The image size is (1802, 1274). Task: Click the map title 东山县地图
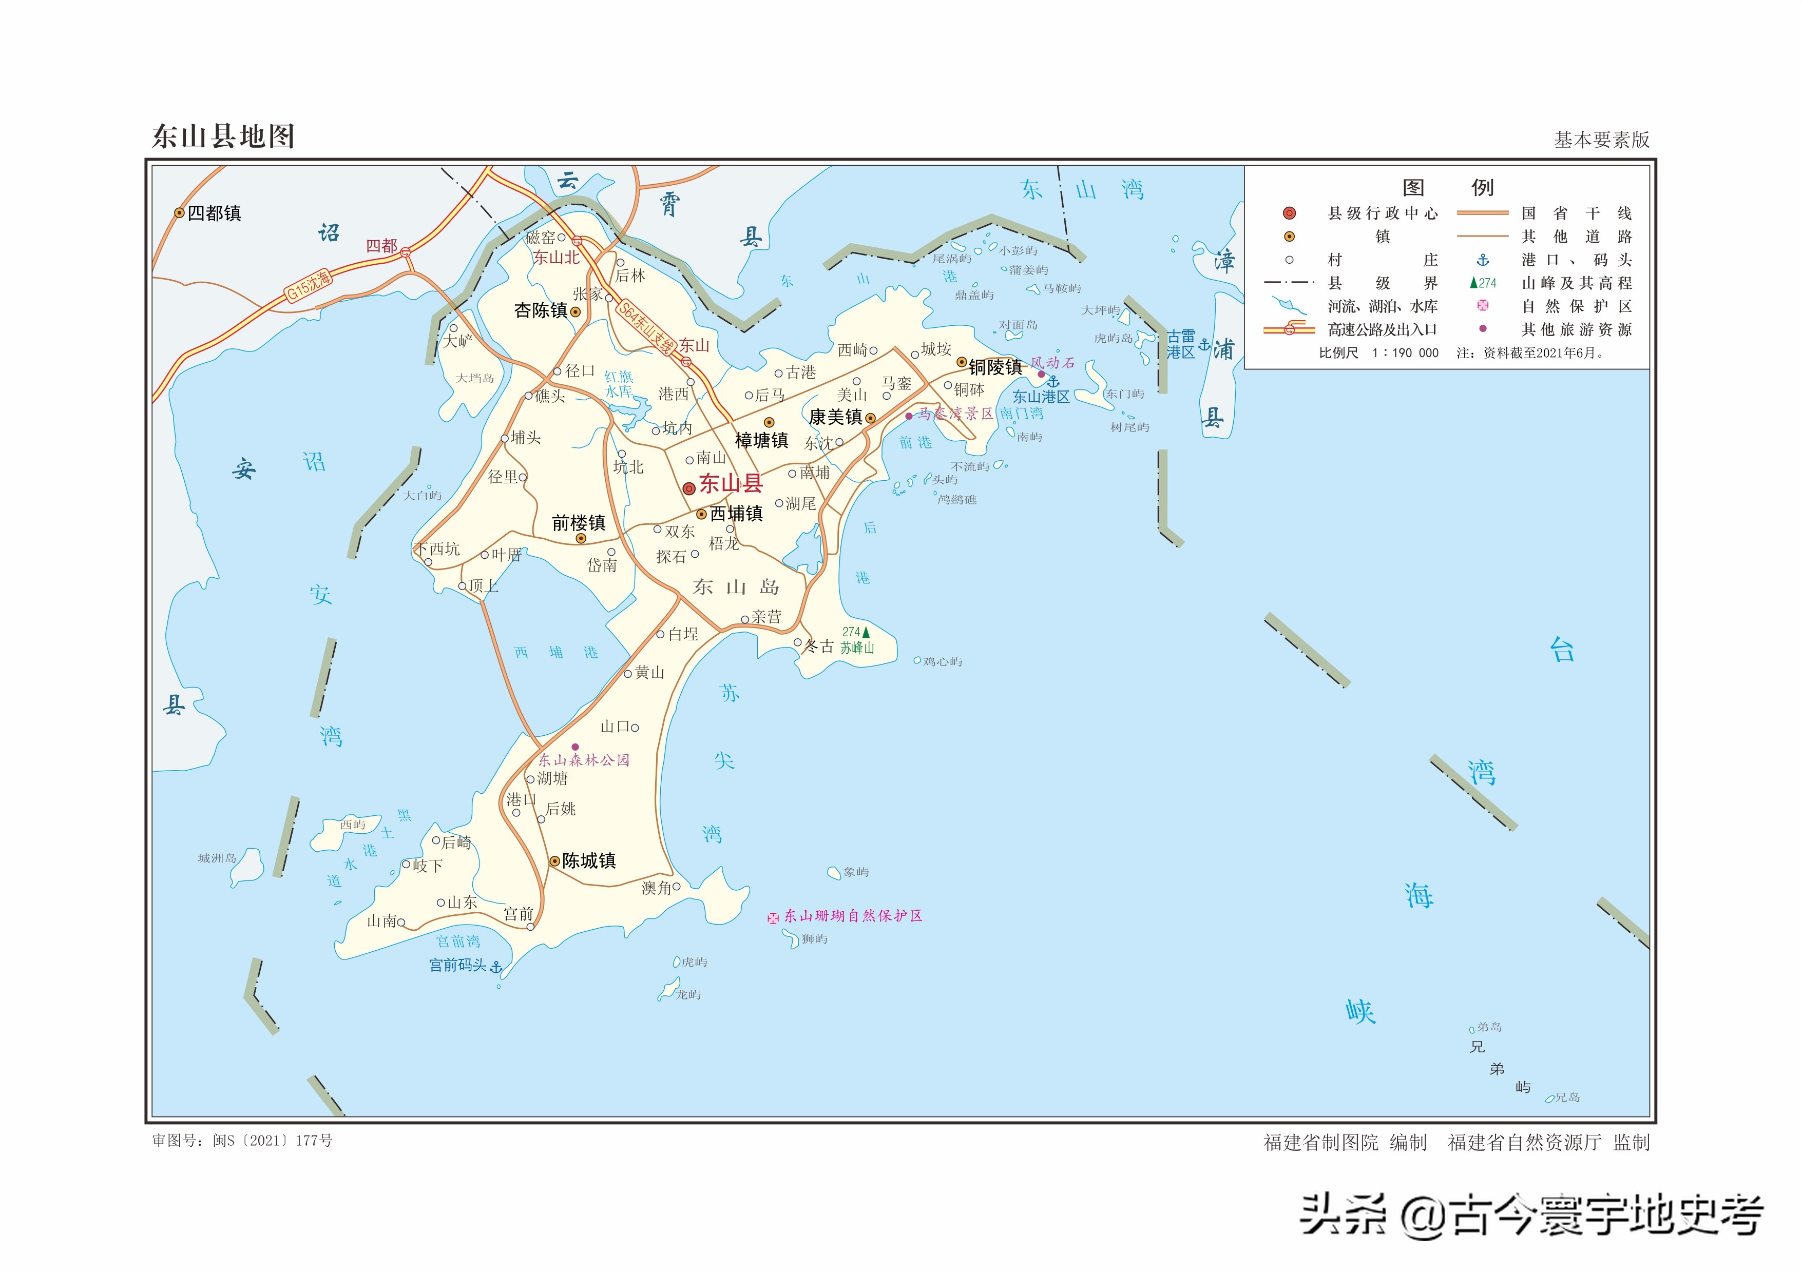pos(223,136)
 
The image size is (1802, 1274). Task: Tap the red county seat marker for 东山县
pos(688,488)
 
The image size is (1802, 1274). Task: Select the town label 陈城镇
pos(589,860)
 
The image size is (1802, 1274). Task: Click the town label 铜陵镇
pos(994,366)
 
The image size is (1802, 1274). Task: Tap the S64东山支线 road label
pos(646,328)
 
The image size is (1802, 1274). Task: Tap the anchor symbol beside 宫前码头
pos(496,967)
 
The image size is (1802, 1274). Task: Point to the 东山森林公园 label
pos(583,759)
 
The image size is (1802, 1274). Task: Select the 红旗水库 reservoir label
pos(619,384)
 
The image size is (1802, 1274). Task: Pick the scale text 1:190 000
pos(1405,353)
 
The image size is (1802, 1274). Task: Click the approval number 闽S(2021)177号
pos(272,1141)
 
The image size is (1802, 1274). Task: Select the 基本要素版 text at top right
pos(1601,140)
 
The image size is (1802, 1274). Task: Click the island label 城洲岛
pos(217,858)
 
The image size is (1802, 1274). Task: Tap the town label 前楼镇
pos(579,522)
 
